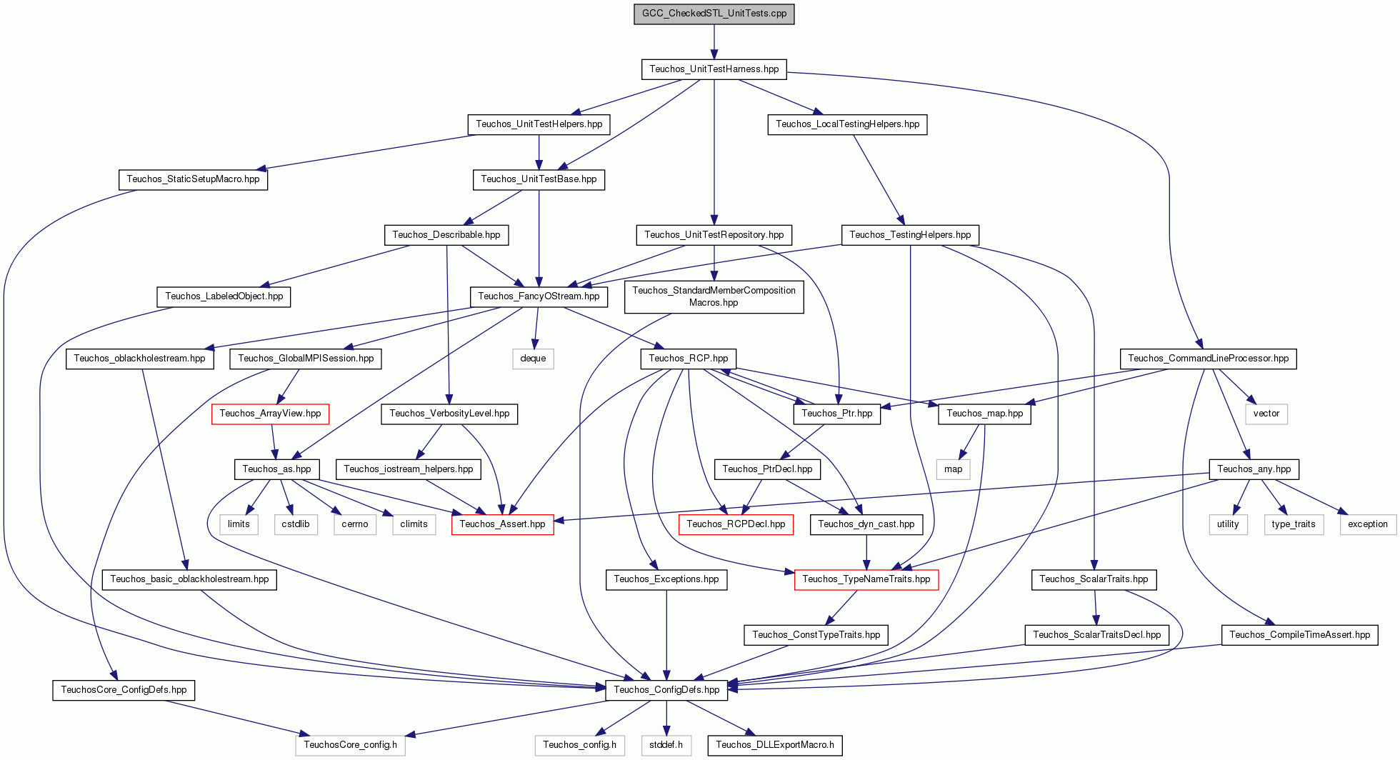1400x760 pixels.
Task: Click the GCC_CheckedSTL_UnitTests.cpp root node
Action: coord(714,14)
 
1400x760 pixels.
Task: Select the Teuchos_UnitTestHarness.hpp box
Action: coord(714,69)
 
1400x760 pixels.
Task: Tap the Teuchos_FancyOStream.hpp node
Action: coord(539,296)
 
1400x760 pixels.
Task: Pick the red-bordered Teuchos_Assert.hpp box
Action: coord(502,524)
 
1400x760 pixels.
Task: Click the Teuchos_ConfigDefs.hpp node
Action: coord(666,690)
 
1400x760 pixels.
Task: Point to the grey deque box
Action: coord(533,359)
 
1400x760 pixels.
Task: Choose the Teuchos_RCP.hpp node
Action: coord(688,359)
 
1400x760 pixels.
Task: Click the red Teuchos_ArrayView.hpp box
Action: coord(270,414)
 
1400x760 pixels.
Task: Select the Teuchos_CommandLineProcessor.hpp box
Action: coord(1208,359)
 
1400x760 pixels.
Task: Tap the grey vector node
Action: coord(1266,414)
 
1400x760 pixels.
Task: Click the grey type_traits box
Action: coord(1293,524)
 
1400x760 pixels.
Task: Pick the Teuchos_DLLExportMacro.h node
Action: coord(774,745)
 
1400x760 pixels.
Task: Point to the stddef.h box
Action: coord(666,745)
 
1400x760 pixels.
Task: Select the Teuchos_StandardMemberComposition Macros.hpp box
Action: coord(714,296)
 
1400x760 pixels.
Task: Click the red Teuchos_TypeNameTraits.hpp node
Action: coord(866,579)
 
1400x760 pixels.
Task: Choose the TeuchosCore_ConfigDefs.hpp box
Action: coord(124,690)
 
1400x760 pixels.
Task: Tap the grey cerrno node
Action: coord(354,524)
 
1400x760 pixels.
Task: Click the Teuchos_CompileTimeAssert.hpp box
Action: coord(1299,635)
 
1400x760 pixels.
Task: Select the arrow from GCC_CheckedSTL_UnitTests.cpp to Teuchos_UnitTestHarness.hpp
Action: coord(714,41)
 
